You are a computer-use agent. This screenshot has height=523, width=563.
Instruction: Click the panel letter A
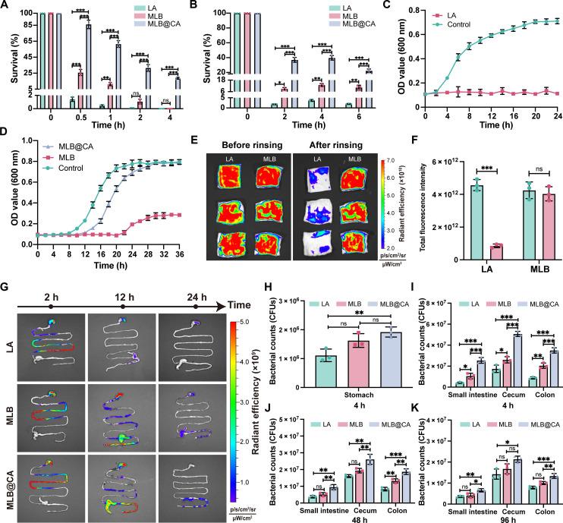tap(6, 7)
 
